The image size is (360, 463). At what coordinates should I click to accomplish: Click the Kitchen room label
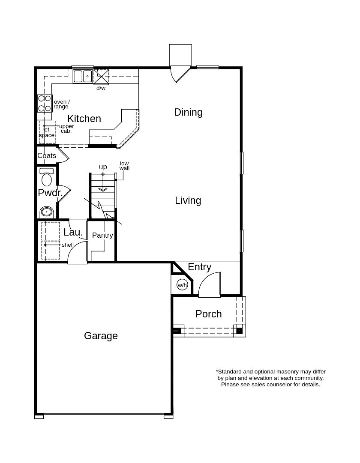84,119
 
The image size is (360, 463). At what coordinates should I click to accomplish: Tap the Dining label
188,113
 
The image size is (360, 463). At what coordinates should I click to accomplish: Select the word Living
188,201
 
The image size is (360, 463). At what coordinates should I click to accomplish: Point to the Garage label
101,336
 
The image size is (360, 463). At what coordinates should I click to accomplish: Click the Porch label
209,314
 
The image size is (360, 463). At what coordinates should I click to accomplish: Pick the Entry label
200,267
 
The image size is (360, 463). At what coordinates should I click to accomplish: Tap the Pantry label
102,235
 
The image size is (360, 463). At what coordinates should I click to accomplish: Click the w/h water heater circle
182,285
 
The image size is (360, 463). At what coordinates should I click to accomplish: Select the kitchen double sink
83,76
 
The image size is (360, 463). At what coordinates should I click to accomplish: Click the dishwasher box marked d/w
102,77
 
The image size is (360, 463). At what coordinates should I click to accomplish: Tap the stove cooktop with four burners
44,103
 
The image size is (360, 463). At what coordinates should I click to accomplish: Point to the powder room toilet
47,177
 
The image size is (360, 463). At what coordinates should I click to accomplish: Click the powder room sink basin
46,212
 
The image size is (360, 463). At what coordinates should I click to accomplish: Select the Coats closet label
47,156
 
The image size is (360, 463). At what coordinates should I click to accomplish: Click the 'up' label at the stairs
103,167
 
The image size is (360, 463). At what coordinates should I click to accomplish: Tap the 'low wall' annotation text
124,166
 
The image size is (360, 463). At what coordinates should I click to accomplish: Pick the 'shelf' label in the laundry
68,245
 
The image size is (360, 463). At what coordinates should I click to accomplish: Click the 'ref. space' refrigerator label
47,133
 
